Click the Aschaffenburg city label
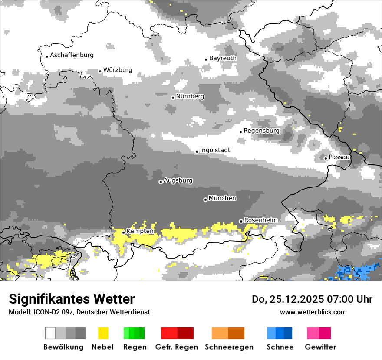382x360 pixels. click(72, 55)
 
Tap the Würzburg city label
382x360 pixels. click(118, 70)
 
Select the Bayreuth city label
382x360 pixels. click(223, 58)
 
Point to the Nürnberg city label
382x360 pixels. click(190, 96)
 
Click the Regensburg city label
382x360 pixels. click(261, 131)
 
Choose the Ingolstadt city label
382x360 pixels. click(215, 150)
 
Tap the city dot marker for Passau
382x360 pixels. click(326, 158)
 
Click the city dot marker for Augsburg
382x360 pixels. click(161, 182)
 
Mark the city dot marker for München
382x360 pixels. click(205, 200)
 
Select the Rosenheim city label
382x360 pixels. click(260, 220)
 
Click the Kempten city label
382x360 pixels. click(140, 231)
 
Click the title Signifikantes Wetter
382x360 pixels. click(72, 299)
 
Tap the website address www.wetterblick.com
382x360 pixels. click(313, 312)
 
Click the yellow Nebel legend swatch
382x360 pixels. click(103, 333)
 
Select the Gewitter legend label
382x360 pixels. click(320, 347)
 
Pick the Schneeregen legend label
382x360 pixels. click(229, 347)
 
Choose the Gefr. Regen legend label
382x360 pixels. click(177, 347)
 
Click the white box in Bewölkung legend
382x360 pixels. click(50, 333)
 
